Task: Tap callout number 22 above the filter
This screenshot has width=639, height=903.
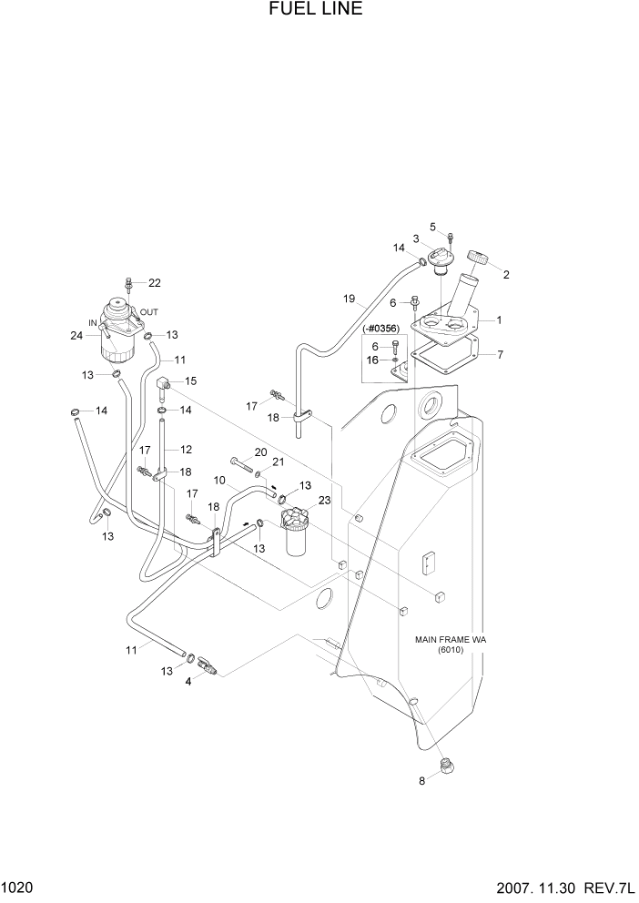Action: [154, 282]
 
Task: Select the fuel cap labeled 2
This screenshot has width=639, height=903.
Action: [479, 259]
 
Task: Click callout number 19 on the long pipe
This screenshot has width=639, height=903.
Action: [348, 299]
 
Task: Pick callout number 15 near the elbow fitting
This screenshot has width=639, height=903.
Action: [191, 380]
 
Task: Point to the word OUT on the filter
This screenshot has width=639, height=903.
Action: [149, 311]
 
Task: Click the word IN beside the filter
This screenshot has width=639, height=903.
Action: [92, 322]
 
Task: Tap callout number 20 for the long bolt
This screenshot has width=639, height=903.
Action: [260, 452]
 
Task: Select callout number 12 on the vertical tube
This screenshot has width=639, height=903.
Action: [186, 449]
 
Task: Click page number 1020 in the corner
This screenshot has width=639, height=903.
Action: [17, 888]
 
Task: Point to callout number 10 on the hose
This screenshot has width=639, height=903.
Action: [219, 480]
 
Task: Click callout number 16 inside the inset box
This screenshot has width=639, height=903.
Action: [373, 360]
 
